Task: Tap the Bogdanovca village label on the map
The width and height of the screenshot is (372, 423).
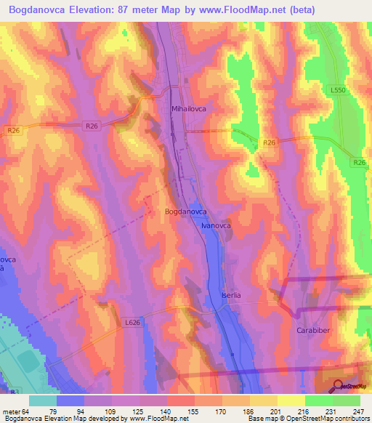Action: tap(187, 211)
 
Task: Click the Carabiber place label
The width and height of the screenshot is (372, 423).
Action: tap(313, 329)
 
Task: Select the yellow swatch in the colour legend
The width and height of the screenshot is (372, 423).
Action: tap(291, 400)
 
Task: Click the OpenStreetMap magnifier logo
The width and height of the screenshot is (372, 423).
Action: tap(339, 387)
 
